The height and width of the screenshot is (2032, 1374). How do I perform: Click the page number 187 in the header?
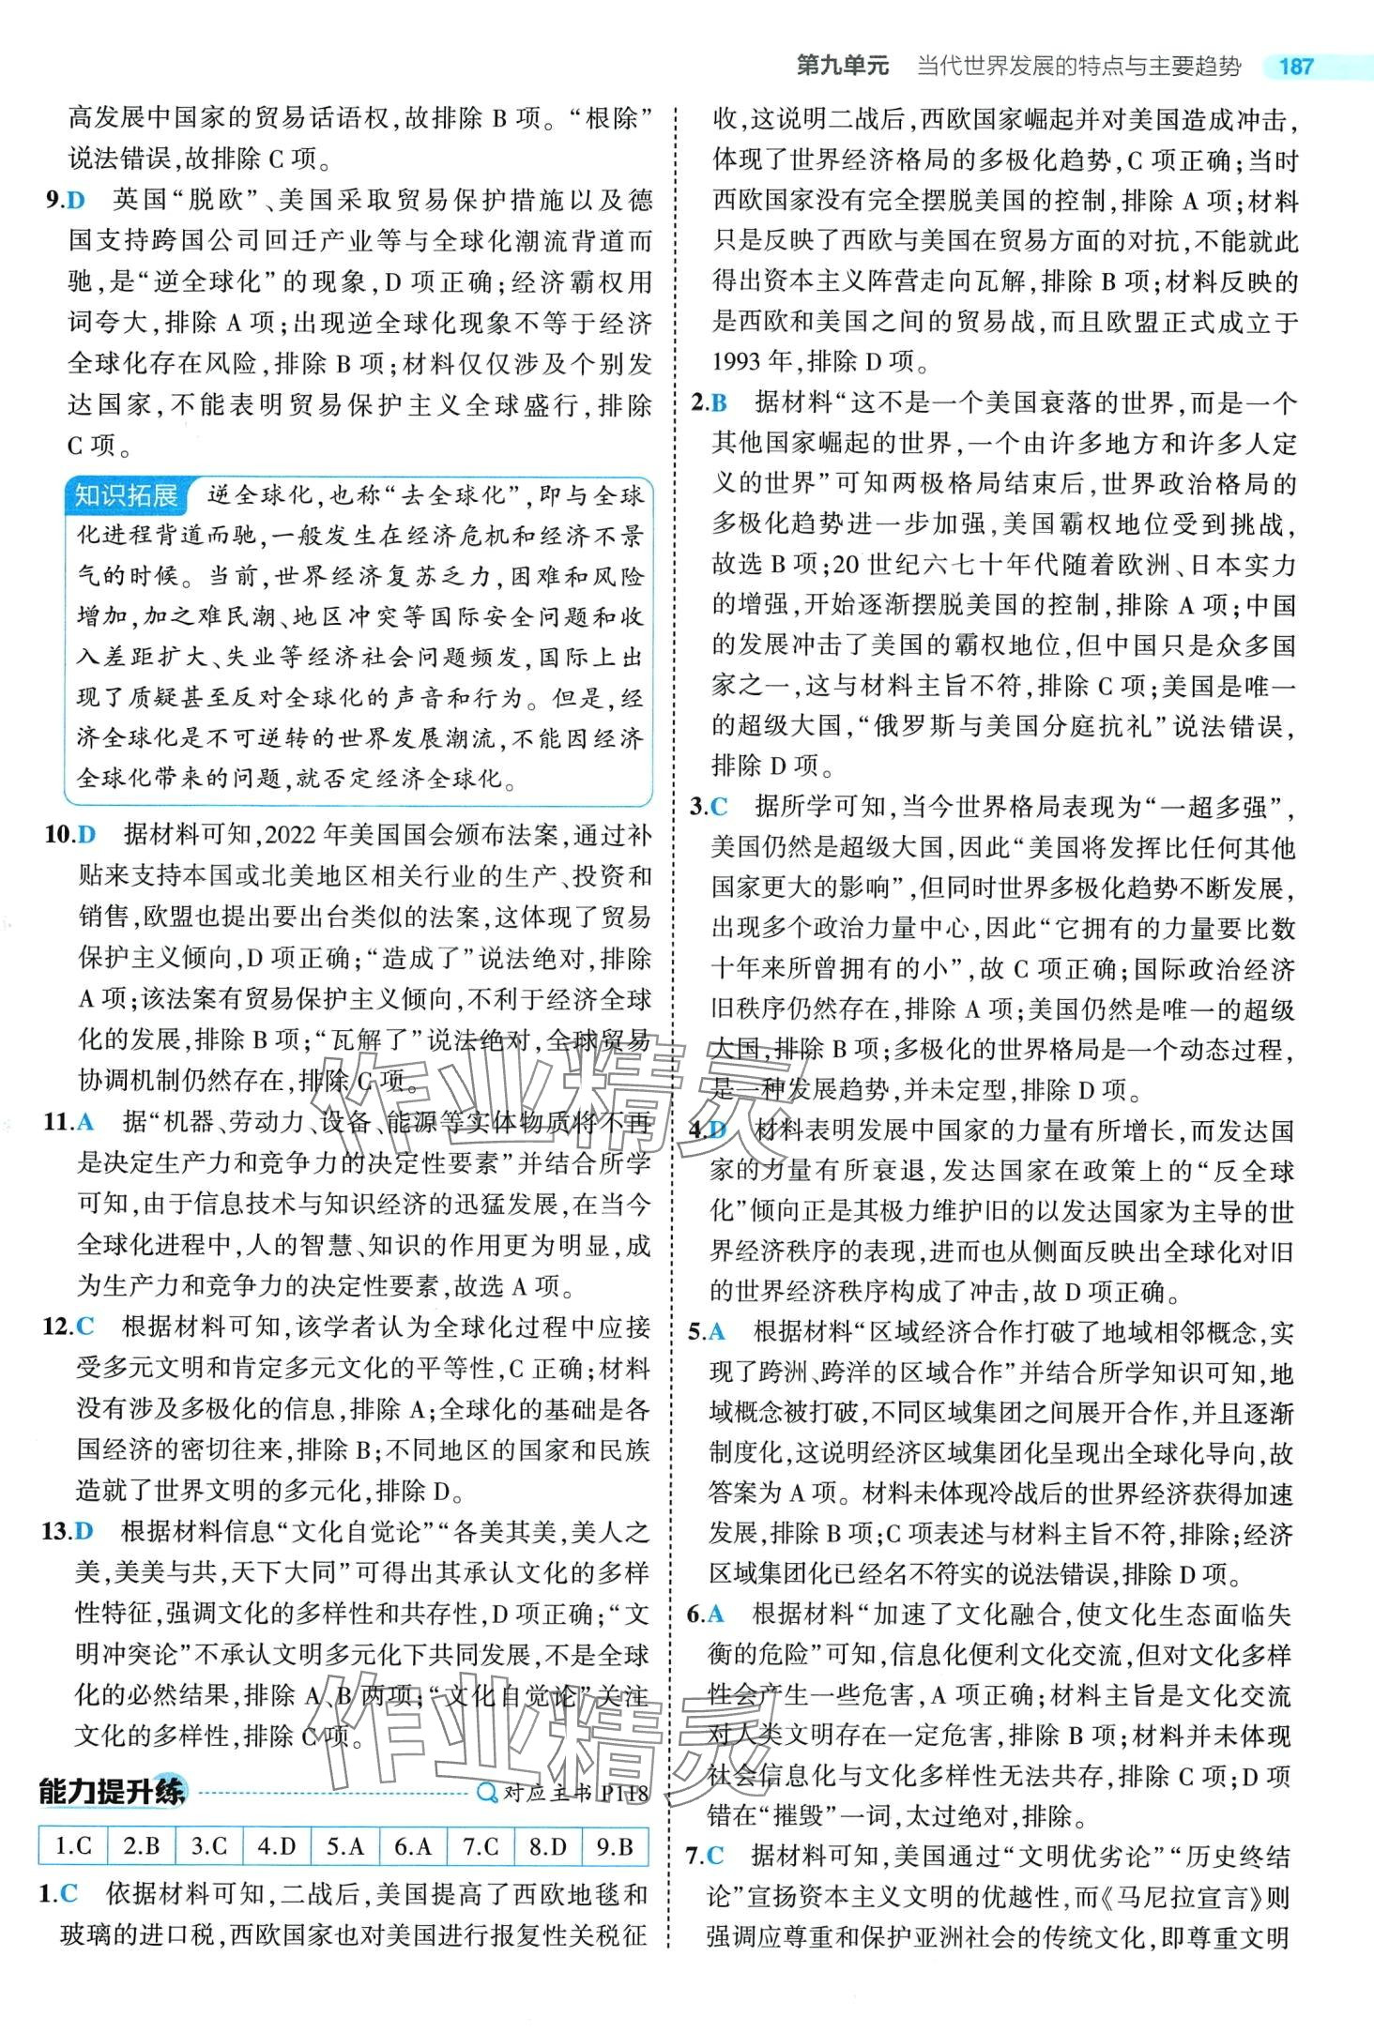tap(1296, 67)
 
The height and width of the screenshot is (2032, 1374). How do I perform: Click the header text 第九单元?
tap(842, 66)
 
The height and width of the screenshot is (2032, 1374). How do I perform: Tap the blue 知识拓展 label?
tap(127, 495)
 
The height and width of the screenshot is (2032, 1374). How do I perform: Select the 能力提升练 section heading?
tap(112, 1791)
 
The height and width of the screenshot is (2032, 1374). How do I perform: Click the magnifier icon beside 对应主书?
tap(487, 1793)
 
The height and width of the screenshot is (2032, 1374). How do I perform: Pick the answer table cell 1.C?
tap(73, 1845)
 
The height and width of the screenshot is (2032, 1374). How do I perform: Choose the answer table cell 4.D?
tap(276, 1845)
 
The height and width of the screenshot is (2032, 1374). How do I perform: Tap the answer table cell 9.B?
tap(615, 1845)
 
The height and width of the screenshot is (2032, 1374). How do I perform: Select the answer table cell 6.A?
tap(412, 1845)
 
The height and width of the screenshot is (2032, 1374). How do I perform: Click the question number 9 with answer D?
tap(53, 200)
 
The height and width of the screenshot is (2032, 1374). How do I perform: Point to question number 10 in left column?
tap(58, 834)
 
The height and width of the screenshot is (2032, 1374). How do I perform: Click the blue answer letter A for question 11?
tap(87, 1121)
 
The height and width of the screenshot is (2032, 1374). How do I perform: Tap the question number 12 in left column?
tap(58, 1326)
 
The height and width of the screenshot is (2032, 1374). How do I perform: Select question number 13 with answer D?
tap(56, 1531)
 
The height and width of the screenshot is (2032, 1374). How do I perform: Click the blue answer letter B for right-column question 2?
tap(720, 403)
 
